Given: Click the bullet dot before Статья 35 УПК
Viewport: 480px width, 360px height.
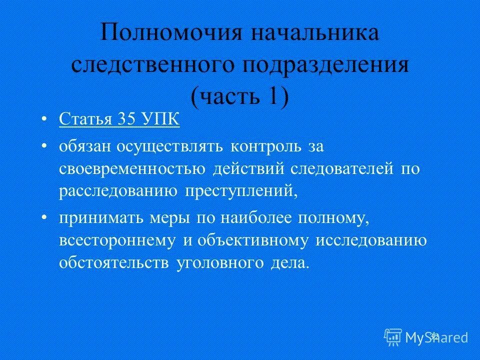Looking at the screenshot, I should tap(45, 120).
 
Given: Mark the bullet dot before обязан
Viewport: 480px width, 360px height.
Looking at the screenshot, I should tap(45, 145).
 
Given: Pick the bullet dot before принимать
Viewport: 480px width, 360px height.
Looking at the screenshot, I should tap(45, 218).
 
